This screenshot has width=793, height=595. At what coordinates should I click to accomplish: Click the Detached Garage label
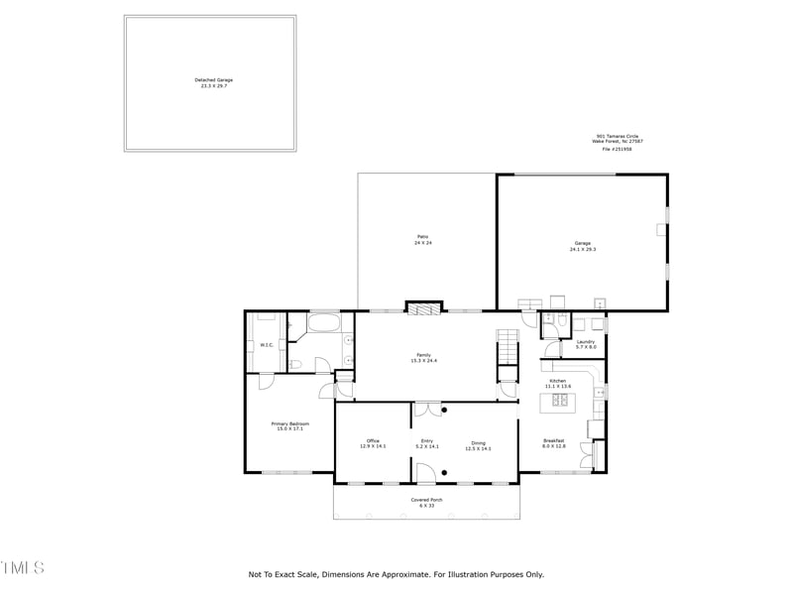[x=213, y=82]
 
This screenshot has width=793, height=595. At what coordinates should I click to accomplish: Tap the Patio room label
[x=422, y=240]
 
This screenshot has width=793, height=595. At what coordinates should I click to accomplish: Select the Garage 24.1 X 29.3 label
[x=582, y=246]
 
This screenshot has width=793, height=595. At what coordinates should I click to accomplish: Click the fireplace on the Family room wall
[x=424, y=308]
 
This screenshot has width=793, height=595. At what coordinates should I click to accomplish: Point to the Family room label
[x=423, y=357]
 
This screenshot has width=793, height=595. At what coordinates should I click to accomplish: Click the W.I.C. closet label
[x=267, y=345]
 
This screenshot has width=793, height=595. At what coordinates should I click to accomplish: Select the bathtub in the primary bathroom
[x=324, y=323]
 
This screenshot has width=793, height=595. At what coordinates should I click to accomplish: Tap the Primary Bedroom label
[x=289, y=425]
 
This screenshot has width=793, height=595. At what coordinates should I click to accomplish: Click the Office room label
[x=373, y=444]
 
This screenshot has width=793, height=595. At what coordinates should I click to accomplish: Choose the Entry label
[x=427, y=444]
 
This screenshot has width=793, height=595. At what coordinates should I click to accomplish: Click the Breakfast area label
[x=553, y=442]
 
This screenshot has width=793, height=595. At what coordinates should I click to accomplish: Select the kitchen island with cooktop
[x=556, y=401]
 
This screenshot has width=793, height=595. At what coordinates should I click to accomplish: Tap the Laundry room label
[x=586, y=344]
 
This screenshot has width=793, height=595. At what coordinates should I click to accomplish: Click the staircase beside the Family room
[x=508, y=347]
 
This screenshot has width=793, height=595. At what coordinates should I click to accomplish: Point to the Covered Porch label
[x=426, y=503]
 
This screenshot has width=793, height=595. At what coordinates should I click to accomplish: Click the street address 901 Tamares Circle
[x=620, y=137]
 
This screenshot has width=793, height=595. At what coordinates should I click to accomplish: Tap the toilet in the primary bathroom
[x=295, y=364]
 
